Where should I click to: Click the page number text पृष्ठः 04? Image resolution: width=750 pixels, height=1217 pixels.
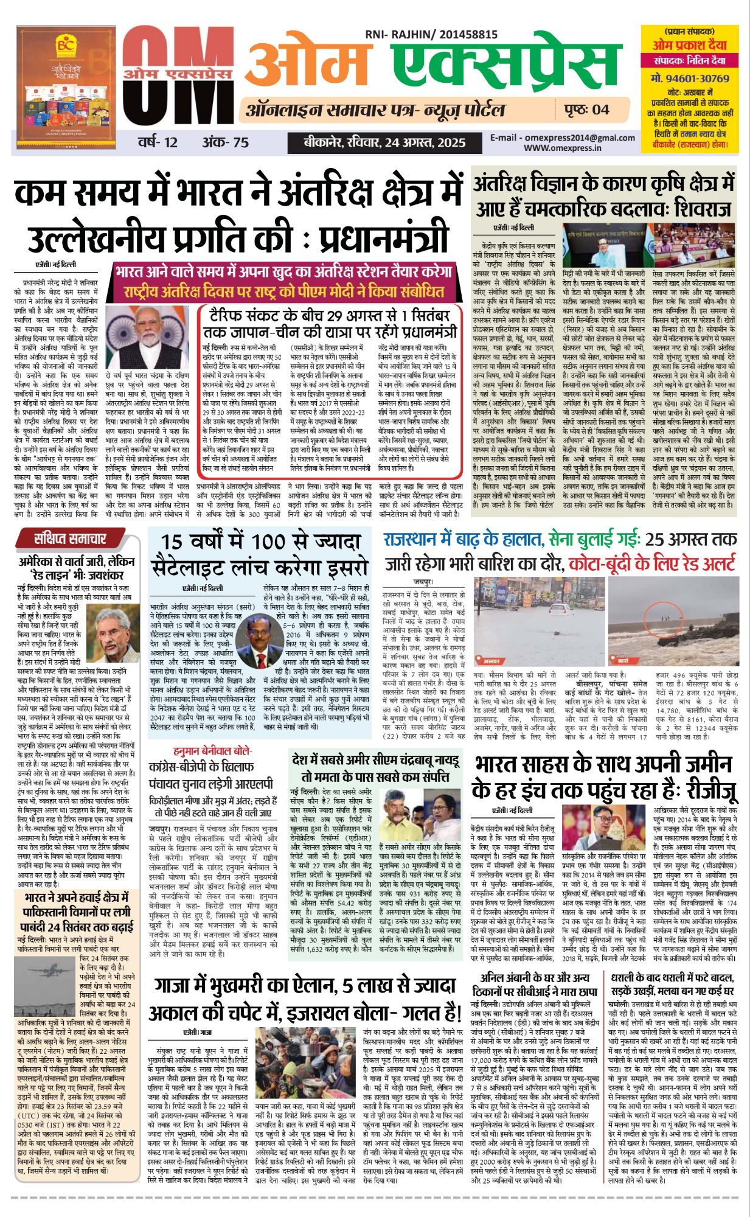pos(582,110)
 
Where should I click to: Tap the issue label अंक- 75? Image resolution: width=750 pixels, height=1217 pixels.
pos(226,142)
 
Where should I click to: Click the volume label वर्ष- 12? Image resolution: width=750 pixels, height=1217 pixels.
pos(158,142)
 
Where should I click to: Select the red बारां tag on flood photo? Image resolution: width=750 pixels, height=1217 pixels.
pos(623,660)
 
